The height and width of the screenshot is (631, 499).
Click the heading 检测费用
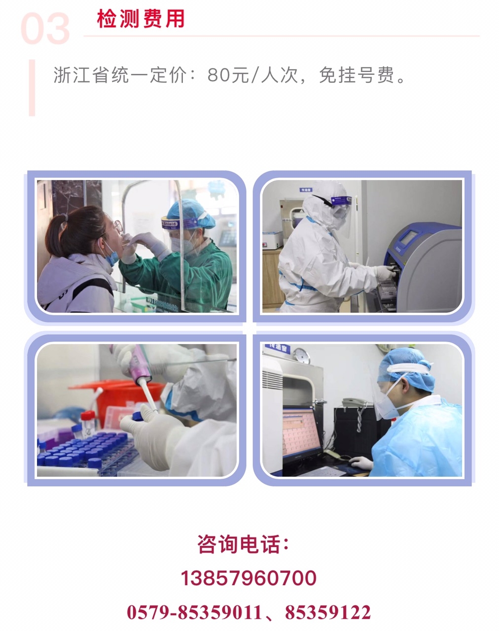(x=141, y=19)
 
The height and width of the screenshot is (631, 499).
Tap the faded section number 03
(x=45, y=29)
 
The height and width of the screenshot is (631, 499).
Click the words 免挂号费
(x=356, y=75)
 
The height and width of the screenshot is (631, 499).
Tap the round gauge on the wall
(x=301, y=355)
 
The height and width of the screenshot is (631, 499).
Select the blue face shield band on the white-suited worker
(x=341, y=201)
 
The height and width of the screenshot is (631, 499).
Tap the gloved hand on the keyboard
(x=361, y=463)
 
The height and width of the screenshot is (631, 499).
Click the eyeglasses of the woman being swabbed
(x=117, y=225)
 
